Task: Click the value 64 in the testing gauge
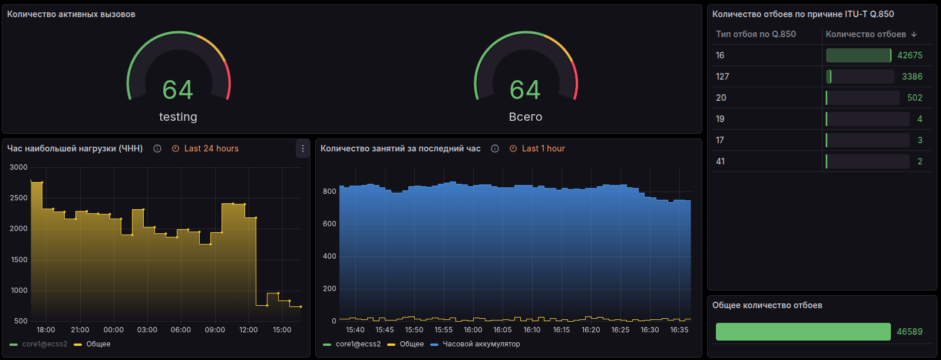pyautogui.click(x=177, y=90)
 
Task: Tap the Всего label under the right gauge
pyautogui.click(x=525, y=117)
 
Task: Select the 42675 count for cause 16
pyautogui.click(x=909, y=55)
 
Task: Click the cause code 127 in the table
pyautogui.click(x=722, y=77)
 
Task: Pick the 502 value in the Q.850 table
pyautogui.click(x=914, y=98)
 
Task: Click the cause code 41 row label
pyautogui.click(x=720, y=161)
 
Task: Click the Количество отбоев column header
pyautogui.click(x=866, y=34)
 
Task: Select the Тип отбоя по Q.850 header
pyautogui.click(x=755, y=34)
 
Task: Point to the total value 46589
pyautogui.click(x=909, y=332)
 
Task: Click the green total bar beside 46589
pyautogui.click(x=803, y=332)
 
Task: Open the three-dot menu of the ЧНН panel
pyautogui.click(x=303, y=148)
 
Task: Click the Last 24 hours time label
pyautogui.click(x=211, y=148)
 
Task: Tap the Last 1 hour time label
pyautogui.click(x=543, y=148)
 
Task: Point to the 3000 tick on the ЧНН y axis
pyautogui.click(x=19, y=167)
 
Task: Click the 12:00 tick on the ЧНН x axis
pyautogui.click(x=248, y=330)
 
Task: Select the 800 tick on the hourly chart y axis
pyautogui.click(x=329, y=191)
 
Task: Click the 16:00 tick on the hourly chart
pyautogui.click(x=473, y=330)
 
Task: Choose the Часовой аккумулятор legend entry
pyautogui.click(x=481, y=344)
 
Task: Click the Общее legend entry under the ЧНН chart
pyautogui.click(x=98, y=344)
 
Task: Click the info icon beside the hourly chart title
pyautogui.click(x=495, y=148)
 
